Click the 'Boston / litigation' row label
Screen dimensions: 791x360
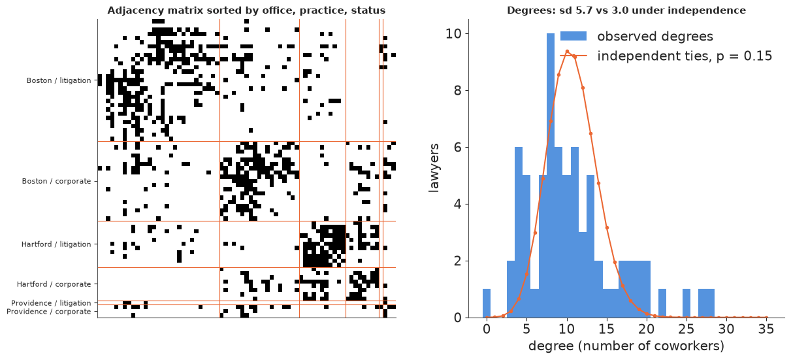pos(59,80)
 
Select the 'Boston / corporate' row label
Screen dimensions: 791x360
pos(56,181)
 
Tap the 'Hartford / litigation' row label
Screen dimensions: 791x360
pos(56,244)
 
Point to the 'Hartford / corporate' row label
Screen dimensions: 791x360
pos(54,284)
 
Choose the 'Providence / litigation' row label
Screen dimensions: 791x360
pos(51,303)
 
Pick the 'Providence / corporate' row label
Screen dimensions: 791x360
pos(49,312)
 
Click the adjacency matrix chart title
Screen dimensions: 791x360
pos(246,10)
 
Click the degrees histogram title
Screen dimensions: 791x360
pos(626,10)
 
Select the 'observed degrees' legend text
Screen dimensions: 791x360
pos(655,37)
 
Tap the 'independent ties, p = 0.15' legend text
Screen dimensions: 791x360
pos(685,56)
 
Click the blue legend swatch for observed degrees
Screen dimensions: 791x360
pos(573,36)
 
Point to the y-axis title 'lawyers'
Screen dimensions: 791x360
pos(434,168)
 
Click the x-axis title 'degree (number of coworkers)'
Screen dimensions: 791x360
pos(626,346)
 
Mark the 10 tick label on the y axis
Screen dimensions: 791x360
pos(454,34)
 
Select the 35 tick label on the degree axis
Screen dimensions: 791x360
pos(766,329)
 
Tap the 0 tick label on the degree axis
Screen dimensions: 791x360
pos(487,329)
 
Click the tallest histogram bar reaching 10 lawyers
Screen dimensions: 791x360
pos(551,176)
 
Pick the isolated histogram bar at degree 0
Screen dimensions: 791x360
pos(487,303)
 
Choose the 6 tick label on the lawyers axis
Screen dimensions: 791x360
pos(458,148)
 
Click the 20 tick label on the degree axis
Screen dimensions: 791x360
pos(647,329)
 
